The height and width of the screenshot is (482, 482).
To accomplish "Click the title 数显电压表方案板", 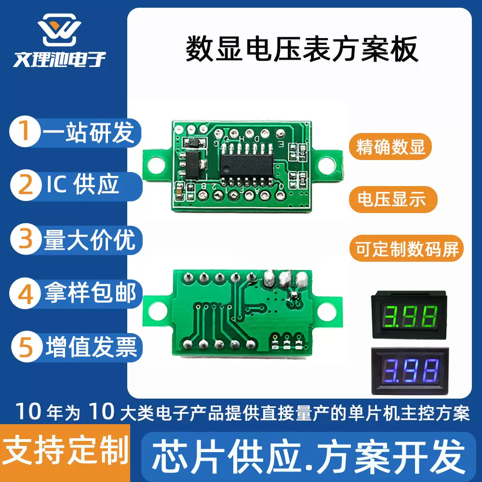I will tap(302, 51).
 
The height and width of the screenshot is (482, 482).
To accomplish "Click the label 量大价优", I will tap(90, 240).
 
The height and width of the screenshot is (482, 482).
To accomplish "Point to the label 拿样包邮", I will tap(91, 293).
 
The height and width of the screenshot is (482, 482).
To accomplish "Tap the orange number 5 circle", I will tap(25, 347).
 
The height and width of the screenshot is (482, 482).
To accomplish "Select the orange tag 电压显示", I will tap(391, 198).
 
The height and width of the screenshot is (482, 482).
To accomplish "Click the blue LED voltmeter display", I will tap(408, 370).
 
